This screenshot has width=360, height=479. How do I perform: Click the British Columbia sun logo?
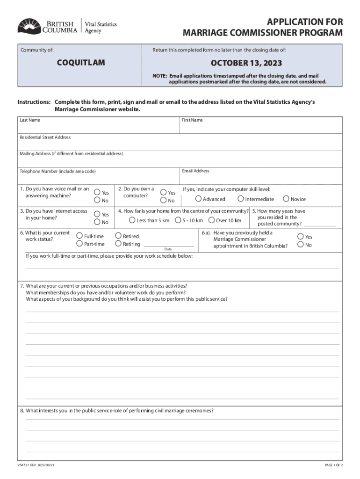click(29, 26)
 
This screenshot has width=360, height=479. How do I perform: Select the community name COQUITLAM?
click(81, 63)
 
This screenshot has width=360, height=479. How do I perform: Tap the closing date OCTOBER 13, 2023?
click(246, 63)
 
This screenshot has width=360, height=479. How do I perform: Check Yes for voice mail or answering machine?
click(97, 192)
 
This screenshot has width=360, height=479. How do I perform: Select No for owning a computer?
click(163, 200)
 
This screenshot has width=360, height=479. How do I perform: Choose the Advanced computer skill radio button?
click(198, 199)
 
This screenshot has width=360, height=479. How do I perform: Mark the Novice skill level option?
click(286, 199)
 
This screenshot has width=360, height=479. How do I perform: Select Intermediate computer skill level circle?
click(241, 199)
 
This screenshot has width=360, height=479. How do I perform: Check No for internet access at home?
click(97, 222)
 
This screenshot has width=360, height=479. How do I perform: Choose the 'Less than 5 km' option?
click(132, 220)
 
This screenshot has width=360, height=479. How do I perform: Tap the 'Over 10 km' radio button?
click(212, 220)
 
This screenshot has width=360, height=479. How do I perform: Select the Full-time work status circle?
click(79, 236)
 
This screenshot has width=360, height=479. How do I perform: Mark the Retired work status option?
click(118, 236)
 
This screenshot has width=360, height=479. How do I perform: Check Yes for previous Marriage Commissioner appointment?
click(301, 237)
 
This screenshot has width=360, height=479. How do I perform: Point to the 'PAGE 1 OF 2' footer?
click(334, 465)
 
